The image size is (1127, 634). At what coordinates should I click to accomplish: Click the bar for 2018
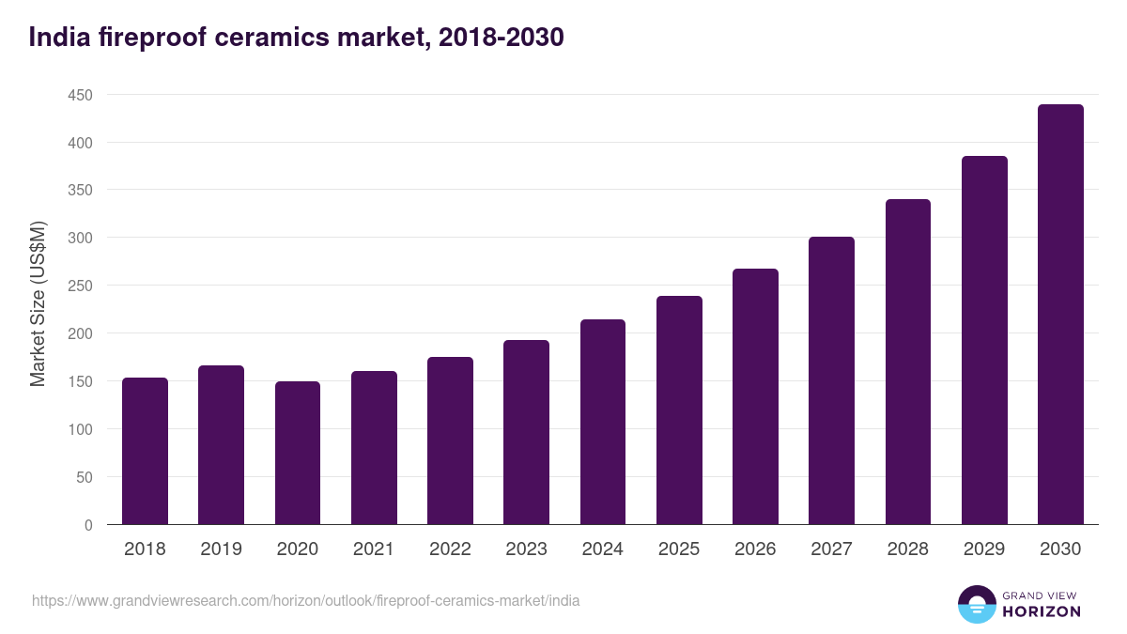click(145, 451)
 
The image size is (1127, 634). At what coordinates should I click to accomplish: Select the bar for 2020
click(298, 453)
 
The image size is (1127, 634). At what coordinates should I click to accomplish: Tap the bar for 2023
click(526, 432)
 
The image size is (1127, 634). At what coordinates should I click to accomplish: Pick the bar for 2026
click(755, 396)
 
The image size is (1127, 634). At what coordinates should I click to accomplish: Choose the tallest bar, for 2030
click(1060, 315)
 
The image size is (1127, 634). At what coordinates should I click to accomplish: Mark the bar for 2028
click(907, 362)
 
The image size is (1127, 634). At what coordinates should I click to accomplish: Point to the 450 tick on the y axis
click(80, 95)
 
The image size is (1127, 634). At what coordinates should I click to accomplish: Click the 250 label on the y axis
click(80, 286)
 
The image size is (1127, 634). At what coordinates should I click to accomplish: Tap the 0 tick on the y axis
click(88, 525)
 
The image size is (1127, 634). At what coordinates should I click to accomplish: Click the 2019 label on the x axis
click(221, 549)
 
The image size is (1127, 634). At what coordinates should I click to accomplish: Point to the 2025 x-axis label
click(679, 549)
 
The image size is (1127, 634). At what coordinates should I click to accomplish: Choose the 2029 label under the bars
click(984, 549)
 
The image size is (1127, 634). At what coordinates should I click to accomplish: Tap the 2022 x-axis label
click(450, 549)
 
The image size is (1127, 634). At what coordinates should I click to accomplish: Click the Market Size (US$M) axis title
click(39, 304)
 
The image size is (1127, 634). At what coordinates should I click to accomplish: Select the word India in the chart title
click(58, 38)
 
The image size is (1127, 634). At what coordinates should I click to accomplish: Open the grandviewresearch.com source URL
click(306, 600)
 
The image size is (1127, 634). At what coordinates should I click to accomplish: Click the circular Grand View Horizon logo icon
click(976, 604)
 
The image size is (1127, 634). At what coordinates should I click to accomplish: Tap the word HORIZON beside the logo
click(1041, 611)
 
